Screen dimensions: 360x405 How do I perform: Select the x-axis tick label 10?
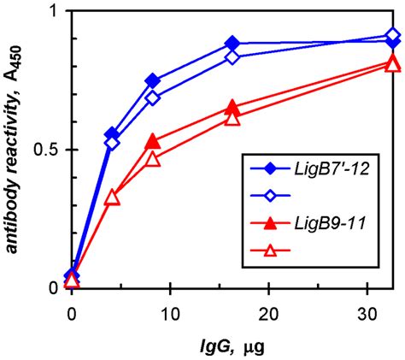pos(170,309)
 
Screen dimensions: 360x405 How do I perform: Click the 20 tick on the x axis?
pos(269,309)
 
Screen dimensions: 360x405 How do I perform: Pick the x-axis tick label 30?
pos(367,309)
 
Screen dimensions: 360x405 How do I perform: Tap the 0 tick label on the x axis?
pos(72,309)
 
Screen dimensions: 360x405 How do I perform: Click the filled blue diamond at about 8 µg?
pos(153,81)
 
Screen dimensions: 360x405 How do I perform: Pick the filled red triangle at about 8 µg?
pos(153,141)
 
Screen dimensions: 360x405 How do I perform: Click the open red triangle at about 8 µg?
pos(153,159)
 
